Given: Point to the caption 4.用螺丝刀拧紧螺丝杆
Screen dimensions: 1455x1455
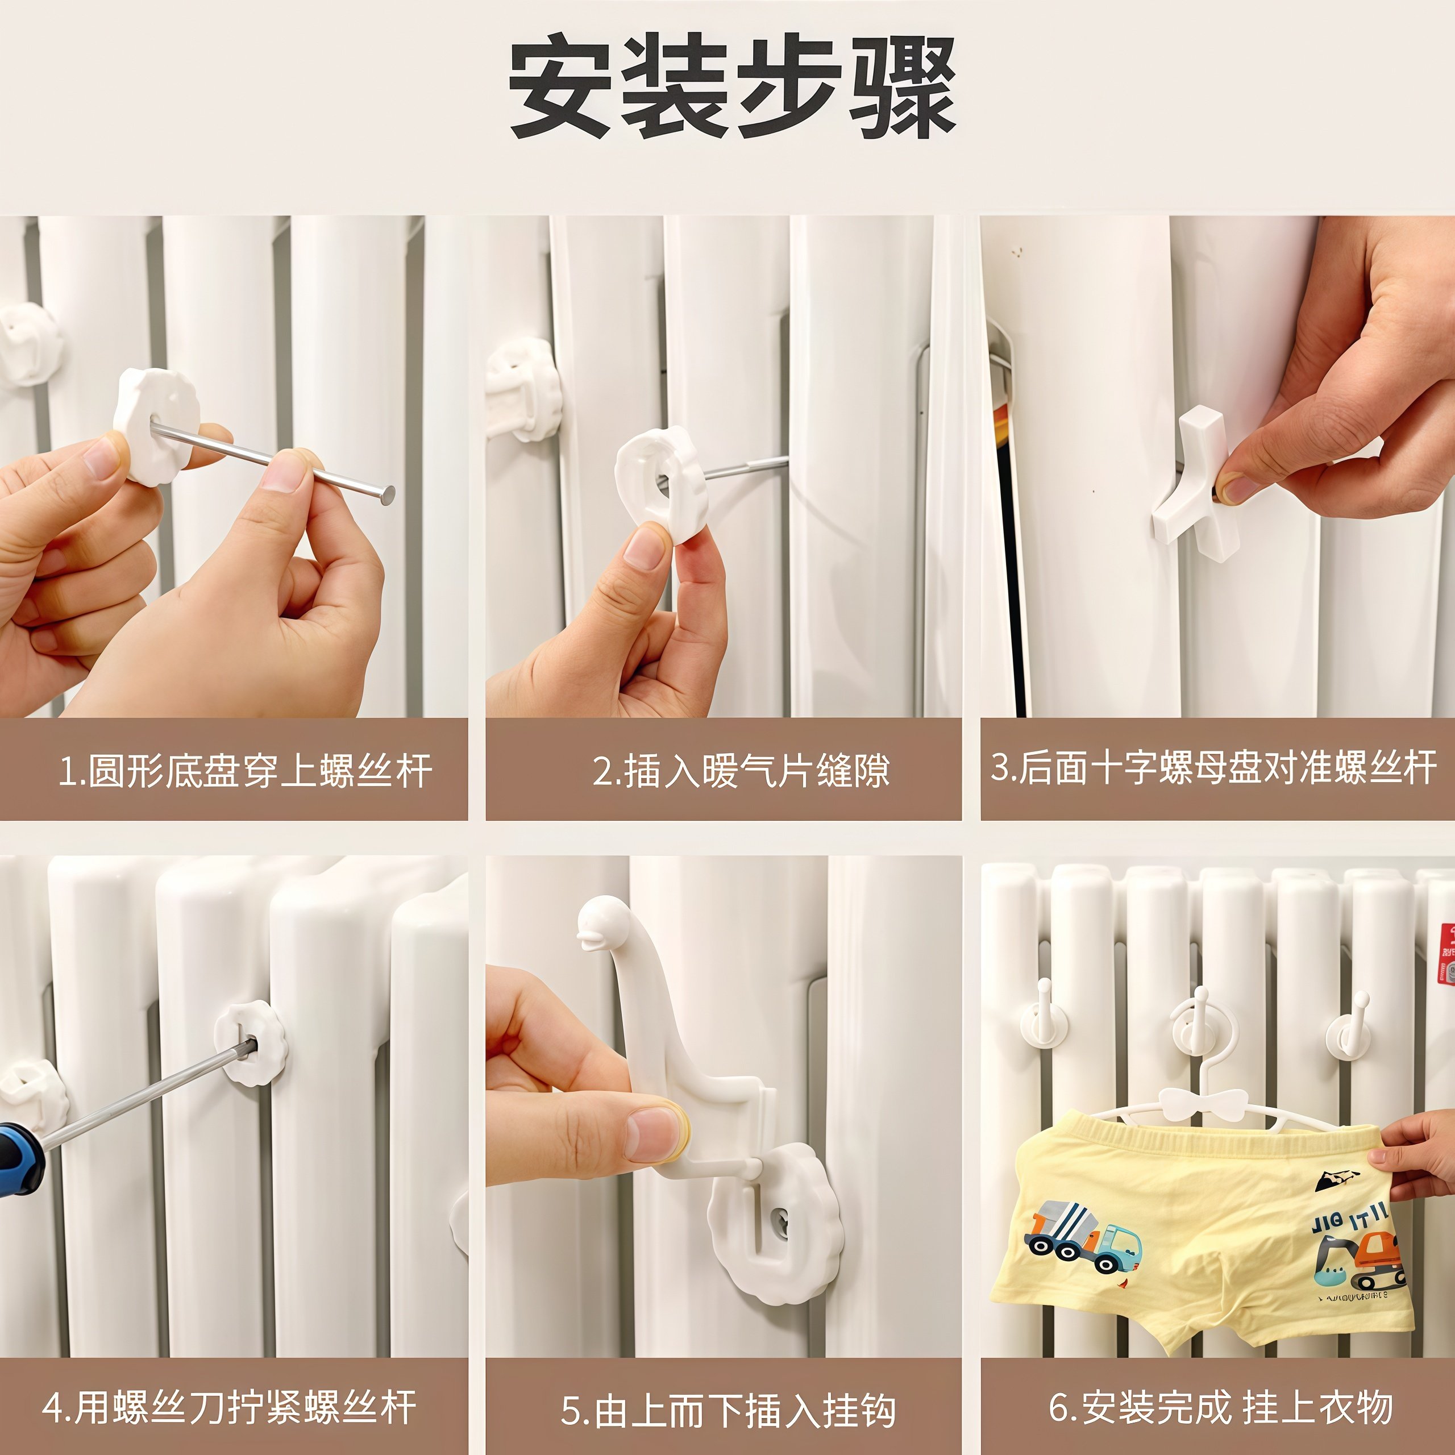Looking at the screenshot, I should (x=230, y=1407).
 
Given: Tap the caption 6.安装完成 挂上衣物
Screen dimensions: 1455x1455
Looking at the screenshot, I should (x=1221, y=1407).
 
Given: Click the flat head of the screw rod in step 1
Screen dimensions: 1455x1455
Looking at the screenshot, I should (x=387, y=495).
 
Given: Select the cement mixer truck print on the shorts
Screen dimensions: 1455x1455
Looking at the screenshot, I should (x=1082, y=1237).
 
